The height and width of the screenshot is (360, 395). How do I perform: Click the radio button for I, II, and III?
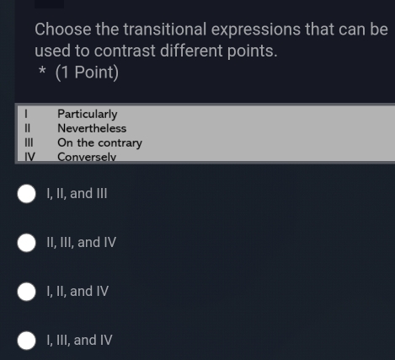27,194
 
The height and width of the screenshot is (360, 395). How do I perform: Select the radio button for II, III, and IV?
27,243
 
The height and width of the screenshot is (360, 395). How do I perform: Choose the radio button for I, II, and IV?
27,292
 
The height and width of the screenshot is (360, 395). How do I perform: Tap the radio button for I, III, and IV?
27,341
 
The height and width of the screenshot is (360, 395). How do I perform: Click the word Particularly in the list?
87,114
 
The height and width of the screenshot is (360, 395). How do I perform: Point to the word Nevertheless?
92,128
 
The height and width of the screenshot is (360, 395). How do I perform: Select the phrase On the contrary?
99,142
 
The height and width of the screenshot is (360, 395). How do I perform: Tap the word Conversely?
86,156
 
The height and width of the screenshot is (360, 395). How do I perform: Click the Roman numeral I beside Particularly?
26,114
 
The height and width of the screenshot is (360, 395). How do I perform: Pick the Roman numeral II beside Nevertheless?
28,128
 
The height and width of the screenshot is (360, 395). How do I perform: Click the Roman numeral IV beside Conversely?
29,156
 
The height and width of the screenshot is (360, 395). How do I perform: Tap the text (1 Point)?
87,73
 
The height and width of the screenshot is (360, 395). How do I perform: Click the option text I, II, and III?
77,194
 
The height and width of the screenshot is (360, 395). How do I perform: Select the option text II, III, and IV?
81,243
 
